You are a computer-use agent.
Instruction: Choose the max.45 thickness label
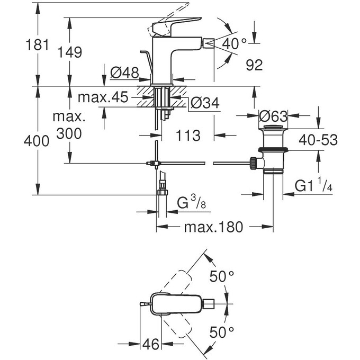coord(103,97)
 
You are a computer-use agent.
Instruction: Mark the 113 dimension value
coord(188,136)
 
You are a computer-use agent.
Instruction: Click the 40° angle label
coord(236,43)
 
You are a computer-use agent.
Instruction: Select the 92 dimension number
coord(254,66)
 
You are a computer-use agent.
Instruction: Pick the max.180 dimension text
coord(213,228)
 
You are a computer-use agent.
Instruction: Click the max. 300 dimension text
coord(67,124)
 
